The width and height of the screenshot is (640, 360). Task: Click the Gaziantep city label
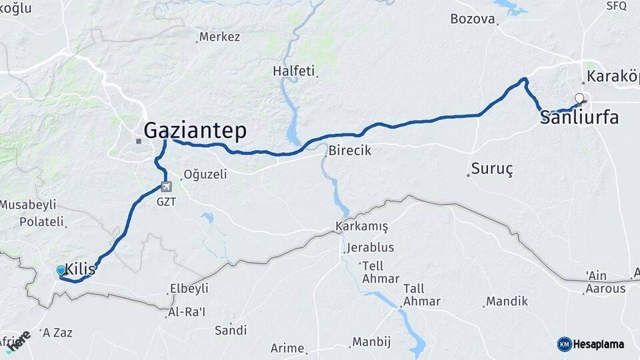click(x=195, y=129)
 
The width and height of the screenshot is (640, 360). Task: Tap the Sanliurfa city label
click(x=579, y=118)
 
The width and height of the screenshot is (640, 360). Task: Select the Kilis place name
click(x=79, y=271)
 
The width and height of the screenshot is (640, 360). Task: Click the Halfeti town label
click(x=293, y=71)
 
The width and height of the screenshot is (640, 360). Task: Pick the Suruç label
click(x=491, y=169)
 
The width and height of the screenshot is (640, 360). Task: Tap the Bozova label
click(x=473, y=19)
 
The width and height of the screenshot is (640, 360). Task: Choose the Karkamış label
click(x=362, y=227)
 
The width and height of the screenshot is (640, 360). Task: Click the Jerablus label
click(x=370, y=247)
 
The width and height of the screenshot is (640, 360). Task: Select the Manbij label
click(x=371, y=342)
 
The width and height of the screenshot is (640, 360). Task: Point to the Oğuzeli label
click(x=205, y=175)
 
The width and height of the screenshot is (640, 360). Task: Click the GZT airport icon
click(x=165, y=187)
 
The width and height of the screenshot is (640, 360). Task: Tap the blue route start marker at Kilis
click(x=61, y=271)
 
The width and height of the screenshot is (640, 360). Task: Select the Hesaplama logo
click(x=591, y=344)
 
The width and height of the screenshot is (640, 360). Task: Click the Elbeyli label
click(x=189, y=289)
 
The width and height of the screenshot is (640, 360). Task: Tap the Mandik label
click(x=507, y=301)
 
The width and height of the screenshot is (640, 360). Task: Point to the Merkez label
click(x=219, y=37)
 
